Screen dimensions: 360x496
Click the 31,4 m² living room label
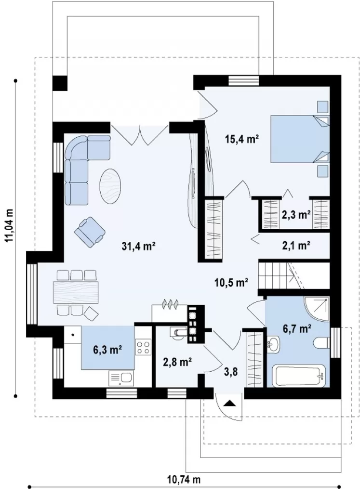pyautogui.click(x=138, y=246)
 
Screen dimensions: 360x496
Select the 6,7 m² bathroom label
pyautogui.click(x=296, y=329)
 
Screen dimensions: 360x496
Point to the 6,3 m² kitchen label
pyautogui.click(x=107, y=350)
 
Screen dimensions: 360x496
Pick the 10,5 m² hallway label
pyautogui.click(x=230, y=283)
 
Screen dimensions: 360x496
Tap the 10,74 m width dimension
pyautogui.click(x=184, y=480)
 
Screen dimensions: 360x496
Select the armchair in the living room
pyautogui.click(x=90, y=232)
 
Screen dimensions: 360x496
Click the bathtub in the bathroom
pyautogui.click(x=299, y=376)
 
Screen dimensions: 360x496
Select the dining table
pyautogui.click(x=76, y=293)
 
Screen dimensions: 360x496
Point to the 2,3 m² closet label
pyautogui.click(x=296, y=215)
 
